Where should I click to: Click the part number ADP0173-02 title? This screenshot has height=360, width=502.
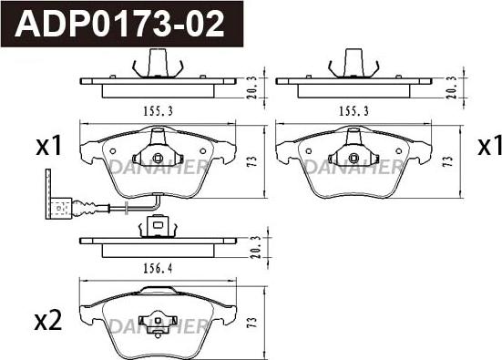coord(119,24)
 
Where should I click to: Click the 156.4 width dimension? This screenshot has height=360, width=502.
coord(158,268)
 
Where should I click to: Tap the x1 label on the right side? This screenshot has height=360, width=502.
coord(490,146)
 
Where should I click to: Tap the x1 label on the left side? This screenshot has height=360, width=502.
coord(48,146)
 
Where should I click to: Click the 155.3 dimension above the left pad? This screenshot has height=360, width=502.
coord(158,111)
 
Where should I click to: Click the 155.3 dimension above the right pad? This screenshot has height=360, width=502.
coord(353,111)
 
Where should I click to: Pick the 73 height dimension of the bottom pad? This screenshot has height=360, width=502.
coord(252,323)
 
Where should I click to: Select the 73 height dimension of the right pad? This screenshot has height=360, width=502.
coord(448,160)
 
